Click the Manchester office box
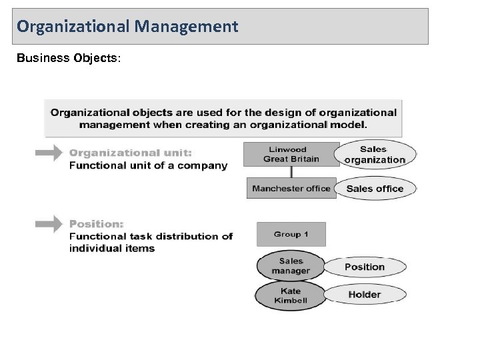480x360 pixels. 291,189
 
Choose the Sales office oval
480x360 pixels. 375,189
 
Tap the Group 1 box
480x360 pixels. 291,235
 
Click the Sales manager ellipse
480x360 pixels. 291,266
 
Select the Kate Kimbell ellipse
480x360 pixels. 291,295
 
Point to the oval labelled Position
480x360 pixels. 364,267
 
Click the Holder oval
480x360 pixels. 364,295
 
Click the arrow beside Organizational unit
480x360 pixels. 48,153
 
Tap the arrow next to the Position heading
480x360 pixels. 48,224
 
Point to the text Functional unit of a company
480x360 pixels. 148,165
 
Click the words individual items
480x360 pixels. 112,249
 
